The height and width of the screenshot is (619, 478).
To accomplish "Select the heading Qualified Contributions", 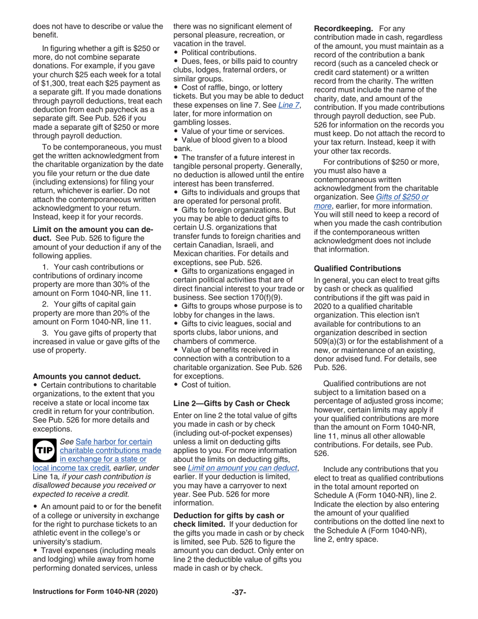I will pyautogui.click(x=357, y=268).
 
